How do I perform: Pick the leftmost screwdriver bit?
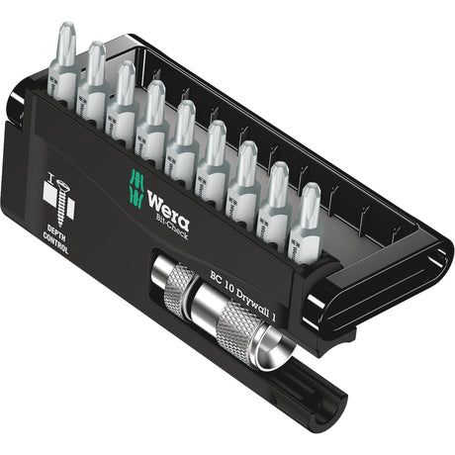63,69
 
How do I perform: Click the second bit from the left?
92,84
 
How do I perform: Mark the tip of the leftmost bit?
65,36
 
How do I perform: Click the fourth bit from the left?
153,121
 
